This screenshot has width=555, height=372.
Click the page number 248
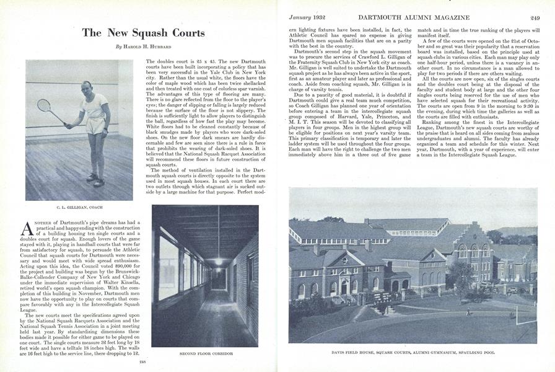pos(142,361)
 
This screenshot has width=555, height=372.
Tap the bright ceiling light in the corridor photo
pos(219,262)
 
